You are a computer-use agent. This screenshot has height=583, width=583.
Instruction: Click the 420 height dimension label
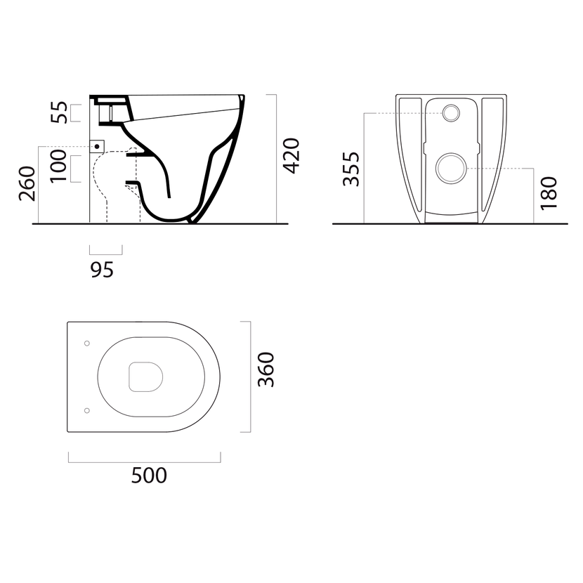tap(291, 156)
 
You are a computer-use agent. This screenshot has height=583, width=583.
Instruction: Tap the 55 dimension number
tap(60, 112)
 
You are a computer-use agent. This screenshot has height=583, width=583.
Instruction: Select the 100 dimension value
tap(59, 166)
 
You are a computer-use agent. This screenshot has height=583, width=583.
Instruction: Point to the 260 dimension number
tap(27, 183)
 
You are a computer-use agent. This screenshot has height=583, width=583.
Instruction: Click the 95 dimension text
tap(102, 270)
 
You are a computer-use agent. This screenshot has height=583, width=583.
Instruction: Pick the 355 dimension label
tap(351, 169)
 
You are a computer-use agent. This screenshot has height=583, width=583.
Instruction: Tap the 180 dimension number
tap(549, 193)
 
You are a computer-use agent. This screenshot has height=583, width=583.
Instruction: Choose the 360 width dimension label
tap(266, 369)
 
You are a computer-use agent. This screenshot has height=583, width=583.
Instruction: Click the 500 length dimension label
tap(149, 475)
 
